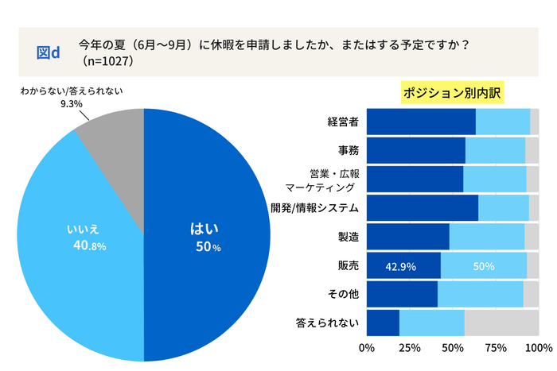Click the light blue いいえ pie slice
[80, 238]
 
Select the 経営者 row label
[342, 122]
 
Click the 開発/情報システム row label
[315, 208]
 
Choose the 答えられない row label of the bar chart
[327, 323]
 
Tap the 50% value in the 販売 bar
[484, 266]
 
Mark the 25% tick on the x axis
[410, 348]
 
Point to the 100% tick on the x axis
[538, 348]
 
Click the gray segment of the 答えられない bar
[501, 323]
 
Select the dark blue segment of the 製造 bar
[408, 237]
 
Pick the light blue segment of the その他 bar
[480, 294]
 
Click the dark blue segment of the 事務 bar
[416, 150]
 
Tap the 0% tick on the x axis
[368, 348]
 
